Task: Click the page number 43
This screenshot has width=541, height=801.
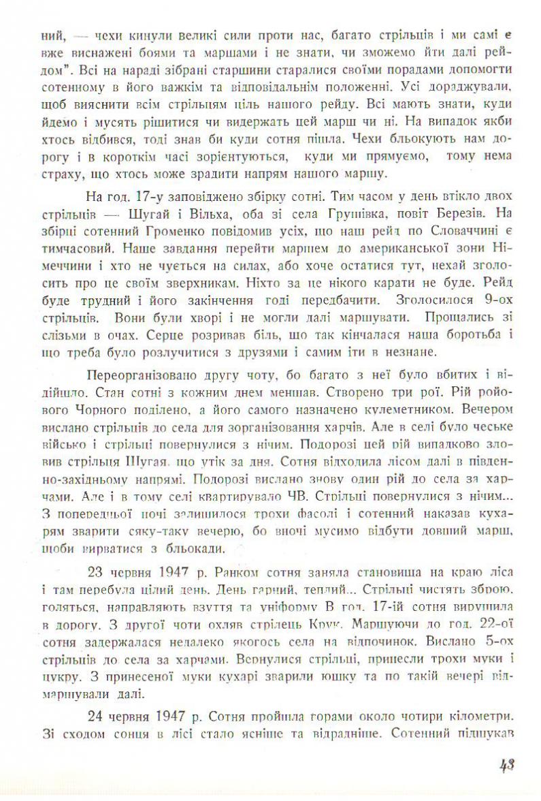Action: tap(507, 765)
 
